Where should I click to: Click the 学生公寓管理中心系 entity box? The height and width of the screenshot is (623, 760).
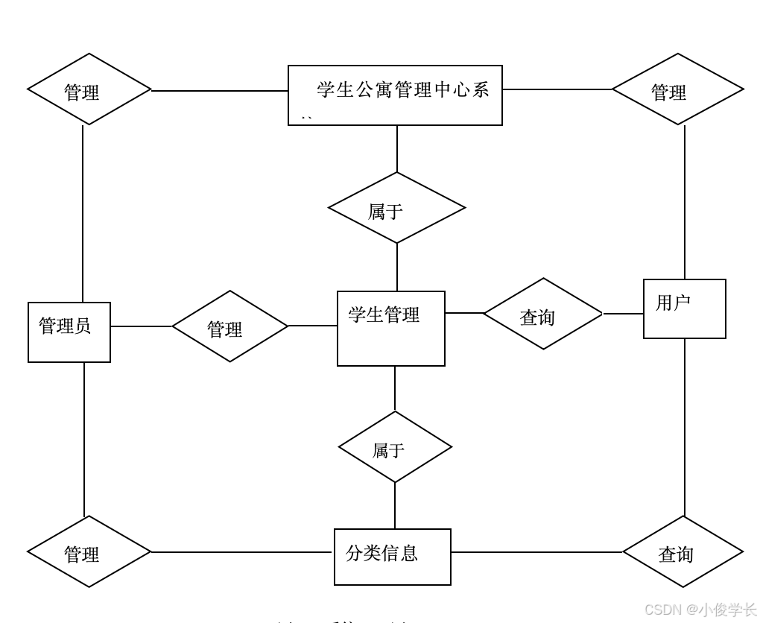click(395, 95)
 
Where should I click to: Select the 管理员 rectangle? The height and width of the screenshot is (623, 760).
click(69, 332)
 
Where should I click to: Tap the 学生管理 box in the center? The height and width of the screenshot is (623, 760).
click(390, 329)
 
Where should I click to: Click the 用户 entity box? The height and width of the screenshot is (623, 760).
click(684, 309)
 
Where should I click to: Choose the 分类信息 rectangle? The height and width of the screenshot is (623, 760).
click(392, 557)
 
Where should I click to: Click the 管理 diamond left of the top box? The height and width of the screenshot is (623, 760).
click(89, 89)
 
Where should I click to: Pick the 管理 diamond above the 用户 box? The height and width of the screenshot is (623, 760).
click(677, 89)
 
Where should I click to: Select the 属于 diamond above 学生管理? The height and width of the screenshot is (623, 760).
click(396, 208)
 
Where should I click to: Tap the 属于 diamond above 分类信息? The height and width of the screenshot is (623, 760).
click(395, 447)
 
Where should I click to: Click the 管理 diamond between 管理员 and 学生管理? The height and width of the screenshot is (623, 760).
click(229, 326)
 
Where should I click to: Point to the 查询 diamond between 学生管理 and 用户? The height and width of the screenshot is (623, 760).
click(542, 314)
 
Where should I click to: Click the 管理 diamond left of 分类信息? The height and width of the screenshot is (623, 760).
click(89, 551)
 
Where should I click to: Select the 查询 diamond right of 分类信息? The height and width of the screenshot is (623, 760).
click(683, 552)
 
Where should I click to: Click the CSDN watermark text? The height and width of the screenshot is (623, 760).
click(700, 610)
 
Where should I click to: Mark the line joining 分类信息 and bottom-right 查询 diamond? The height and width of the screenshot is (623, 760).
click(536, 552)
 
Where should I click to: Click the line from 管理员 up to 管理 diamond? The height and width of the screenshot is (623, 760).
click(83, 216)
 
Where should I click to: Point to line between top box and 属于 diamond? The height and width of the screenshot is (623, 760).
click(397, 149)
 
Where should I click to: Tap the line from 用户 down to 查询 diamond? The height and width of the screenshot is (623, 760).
click(685, 428)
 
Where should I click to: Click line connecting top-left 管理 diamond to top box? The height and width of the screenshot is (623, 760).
click(220, 90)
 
